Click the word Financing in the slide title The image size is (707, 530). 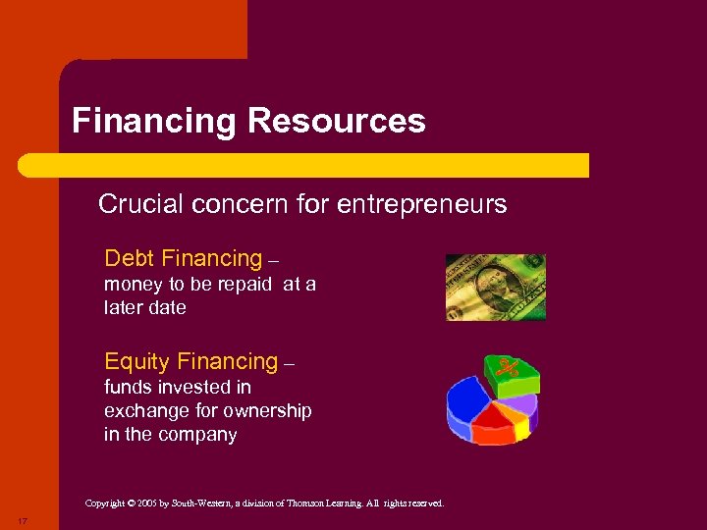tap(155, 122)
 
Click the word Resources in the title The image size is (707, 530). tap(337, 122)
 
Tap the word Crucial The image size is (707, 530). tap(140, 204)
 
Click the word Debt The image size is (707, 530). tap(129, 259)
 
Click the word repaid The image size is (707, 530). tap(246, 285)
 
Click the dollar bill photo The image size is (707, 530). tap(495, 287)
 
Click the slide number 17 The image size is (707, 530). tap(21, 519)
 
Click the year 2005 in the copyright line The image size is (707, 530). tap(146, 503)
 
